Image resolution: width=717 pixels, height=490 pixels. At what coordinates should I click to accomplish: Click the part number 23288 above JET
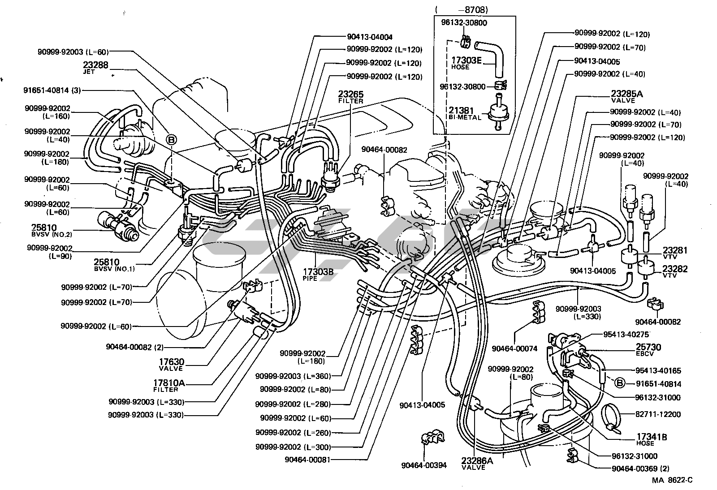pos(95,65)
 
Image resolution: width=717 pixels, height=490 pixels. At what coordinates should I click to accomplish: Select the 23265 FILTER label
pos(350,95)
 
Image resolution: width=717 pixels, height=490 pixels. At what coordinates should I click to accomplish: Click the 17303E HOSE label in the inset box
pos(466,60)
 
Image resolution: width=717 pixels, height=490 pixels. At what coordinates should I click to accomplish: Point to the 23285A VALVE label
pos(626,95)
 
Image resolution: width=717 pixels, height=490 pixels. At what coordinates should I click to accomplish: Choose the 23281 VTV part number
pos(675,250)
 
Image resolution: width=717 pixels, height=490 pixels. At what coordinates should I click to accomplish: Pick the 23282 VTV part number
pos(675,269)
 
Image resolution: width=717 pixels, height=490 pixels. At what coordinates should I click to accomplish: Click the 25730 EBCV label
pos(648,347)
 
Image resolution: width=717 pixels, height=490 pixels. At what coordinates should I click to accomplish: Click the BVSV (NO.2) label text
pos(52,234)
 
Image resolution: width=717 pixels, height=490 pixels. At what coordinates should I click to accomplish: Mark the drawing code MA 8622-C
pos(672,480)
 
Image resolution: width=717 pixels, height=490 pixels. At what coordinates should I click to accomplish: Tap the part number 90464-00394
pos(424,465)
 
